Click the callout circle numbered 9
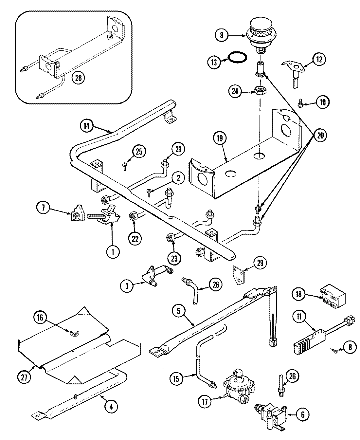pyautogui.click(x=222, y=35)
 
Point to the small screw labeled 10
pyautogui.click(x=300, y=103)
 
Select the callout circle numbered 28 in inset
pyautogui.click(x=79, y=78)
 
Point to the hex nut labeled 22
pyautogui.click(x=134, y=215)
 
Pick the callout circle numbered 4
pyautogui.click(x=111, y=407)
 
